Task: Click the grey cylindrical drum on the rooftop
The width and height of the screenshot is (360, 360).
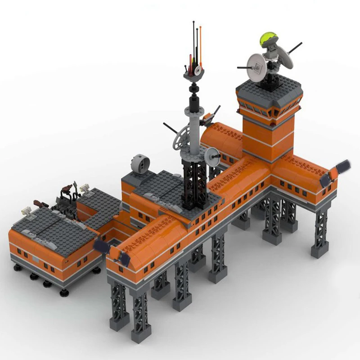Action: pyautogui.click(x=139, y=164)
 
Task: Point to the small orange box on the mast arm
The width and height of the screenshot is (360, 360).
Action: pyautogui.click(x=208, y=119)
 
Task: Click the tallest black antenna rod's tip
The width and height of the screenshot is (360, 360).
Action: pyautogui.click(x=194, y=21)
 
